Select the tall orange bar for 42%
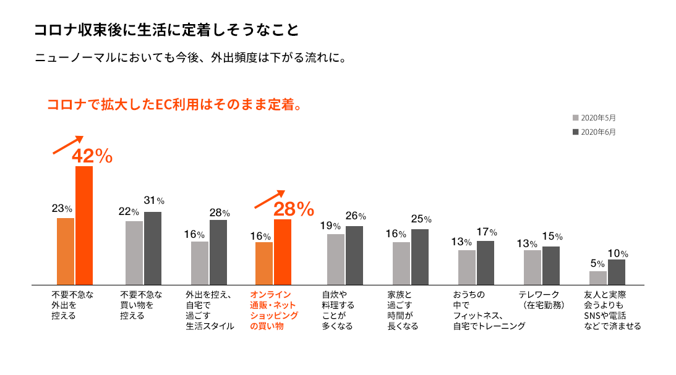(84, 225)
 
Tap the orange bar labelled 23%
(66, 251)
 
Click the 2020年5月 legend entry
(594, 117)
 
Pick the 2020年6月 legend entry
(594, 132)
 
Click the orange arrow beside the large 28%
(270, 199)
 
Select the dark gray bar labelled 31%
(152, 248)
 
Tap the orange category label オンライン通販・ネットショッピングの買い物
(273, 310)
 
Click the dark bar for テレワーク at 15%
(550, 265)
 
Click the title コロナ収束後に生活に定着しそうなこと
(167, 30)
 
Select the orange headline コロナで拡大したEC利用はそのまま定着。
(175, 104)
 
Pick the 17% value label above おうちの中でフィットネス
(487, 232)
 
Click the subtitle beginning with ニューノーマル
(190, 59)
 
